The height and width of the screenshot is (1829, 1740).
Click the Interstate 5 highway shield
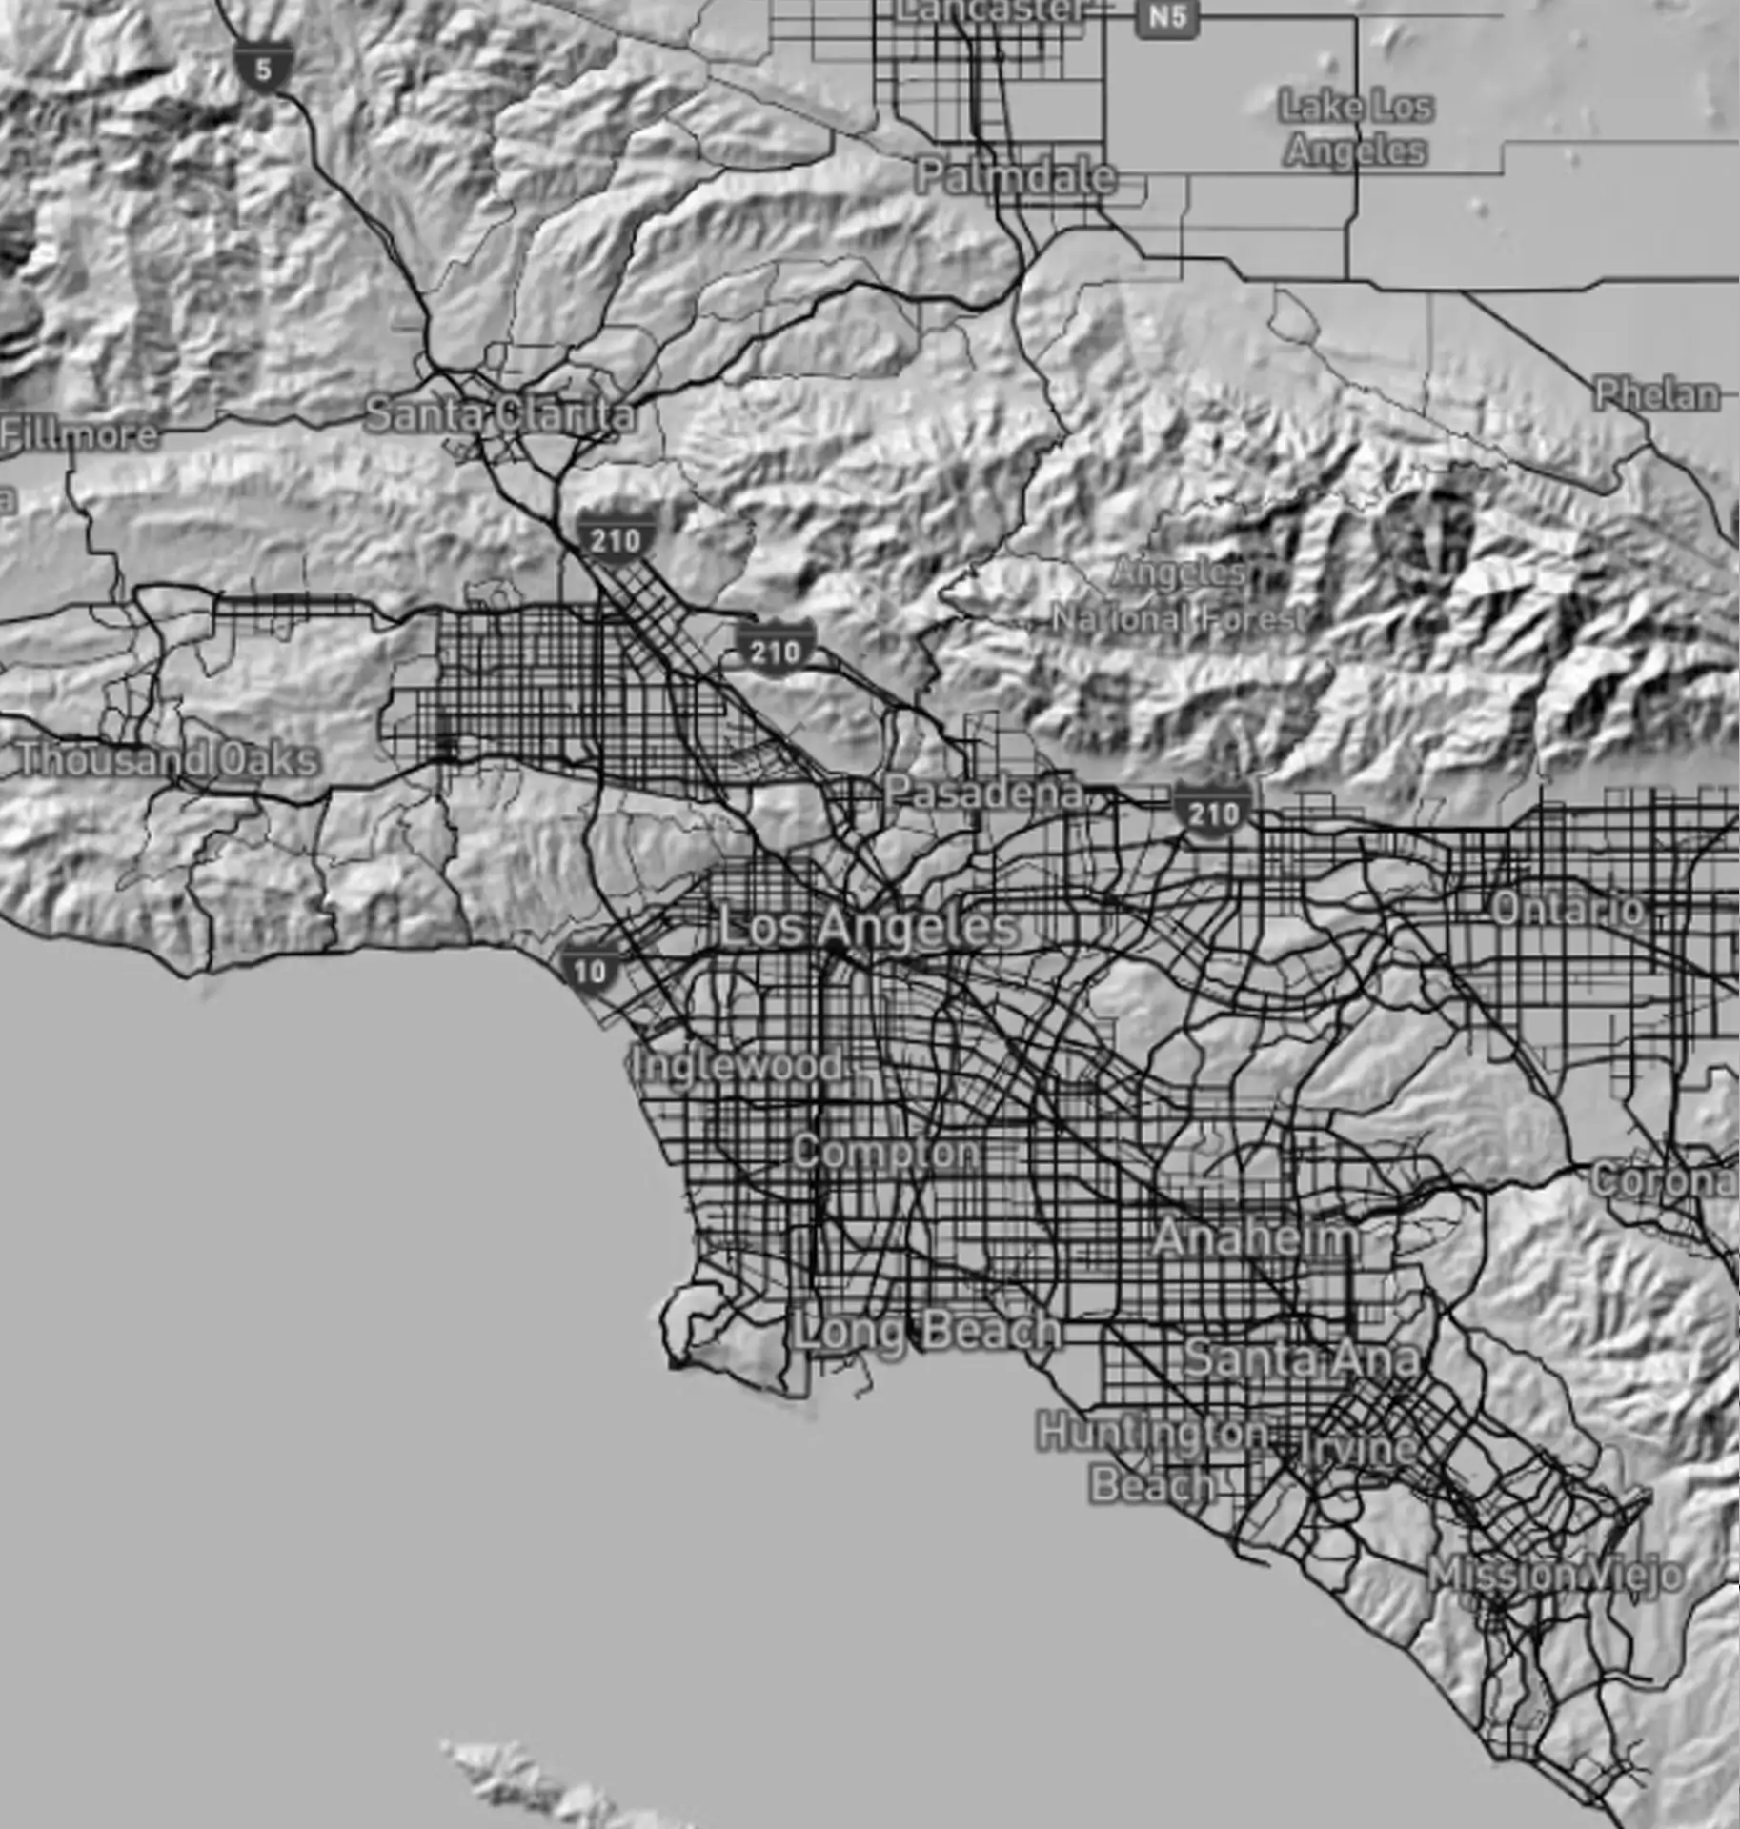click(262, 70)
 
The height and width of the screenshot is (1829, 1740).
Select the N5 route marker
click(1167, 17)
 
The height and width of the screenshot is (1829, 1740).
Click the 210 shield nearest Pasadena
click(1213, 813)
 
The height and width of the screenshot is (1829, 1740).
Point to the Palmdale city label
click(1015, 177)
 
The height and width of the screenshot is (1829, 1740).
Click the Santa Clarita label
click(499, 414)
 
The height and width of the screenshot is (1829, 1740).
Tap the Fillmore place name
click(78, 434)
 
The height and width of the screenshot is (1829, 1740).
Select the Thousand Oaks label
click(168, 759)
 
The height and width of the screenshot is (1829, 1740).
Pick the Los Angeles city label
click(868, 927)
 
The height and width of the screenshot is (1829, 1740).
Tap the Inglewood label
click(738, 1064)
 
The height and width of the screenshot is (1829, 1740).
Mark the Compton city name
click(885, 1152)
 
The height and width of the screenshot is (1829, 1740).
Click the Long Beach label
click(926, 1330)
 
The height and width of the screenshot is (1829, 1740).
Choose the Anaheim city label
click(1257, 1238)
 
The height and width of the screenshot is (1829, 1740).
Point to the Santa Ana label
click(1301, 1357)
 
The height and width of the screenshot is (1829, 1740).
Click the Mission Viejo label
click(1555, 1575)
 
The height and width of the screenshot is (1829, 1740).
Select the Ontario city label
click(1568, 909)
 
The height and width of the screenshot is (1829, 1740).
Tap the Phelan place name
click(1658, 394)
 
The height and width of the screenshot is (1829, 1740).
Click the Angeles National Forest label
click(1179, 595)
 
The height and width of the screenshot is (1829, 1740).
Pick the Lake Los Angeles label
click(1355, 128)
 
